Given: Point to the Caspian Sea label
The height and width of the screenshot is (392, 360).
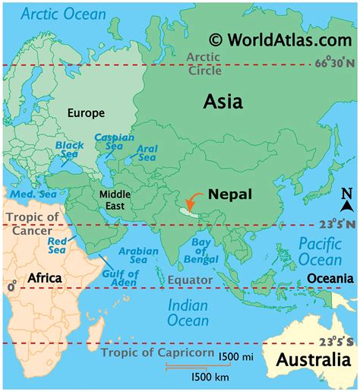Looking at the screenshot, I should click(114, 143).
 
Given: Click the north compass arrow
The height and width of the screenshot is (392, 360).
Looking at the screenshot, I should click(346, 200).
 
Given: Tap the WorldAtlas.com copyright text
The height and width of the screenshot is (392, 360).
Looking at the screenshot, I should click(282, 38).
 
